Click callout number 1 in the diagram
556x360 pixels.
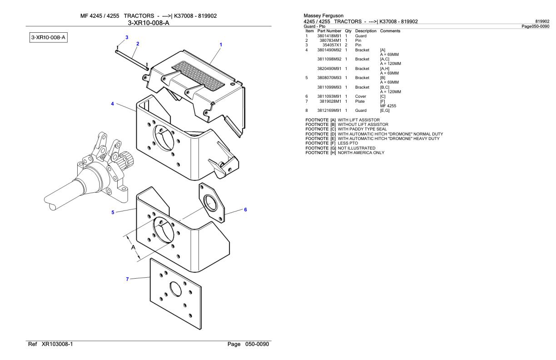[x=221, y=45]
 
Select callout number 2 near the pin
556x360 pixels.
[x=138, y=44]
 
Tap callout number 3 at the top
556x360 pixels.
[x=127, y=37]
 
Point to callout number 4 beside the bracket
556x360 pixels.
[x=113, y=104]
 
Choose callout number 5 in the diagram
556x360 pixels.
[x=113, y=212]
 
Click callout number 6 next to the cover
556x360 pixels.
[x=245, y=210]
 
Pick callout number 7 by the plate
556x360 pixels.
[x=128, y=279]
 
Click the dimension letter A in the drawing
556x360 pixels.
[x=133, y=248]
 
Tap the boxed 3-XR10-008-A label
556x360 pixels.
[x=45, y=37]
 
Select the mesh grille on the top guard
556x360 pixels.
[x=200, y=75]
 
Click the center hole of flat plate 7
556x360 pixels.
[x=175, y=290]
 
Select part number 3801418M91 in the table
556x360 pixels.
[x=329, y=35]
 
